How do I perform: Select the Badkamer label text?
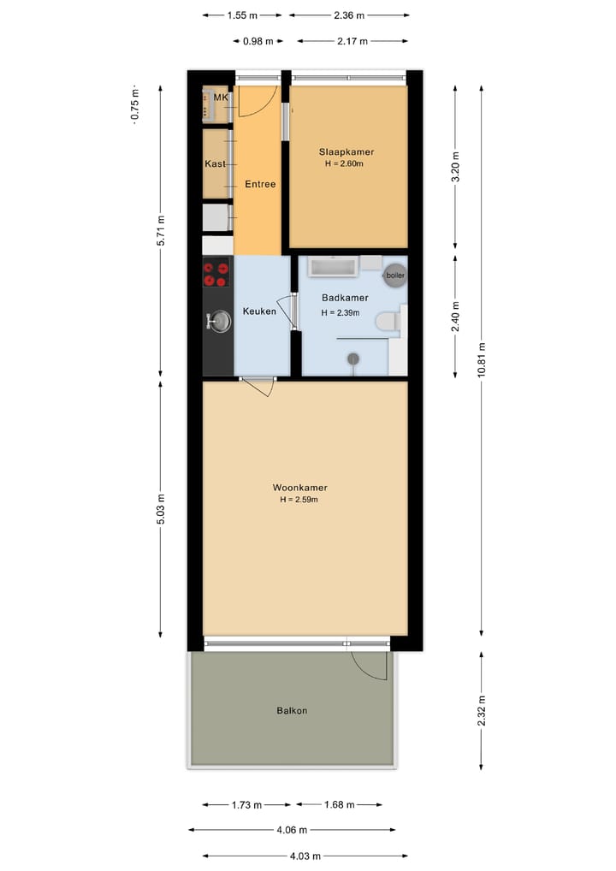(x=345, y=298)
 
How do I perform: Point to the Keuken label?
(x=259, y=311)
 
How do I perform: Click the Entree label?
(x=260, y=184)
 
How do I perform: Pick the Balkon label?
(x=292, y=710)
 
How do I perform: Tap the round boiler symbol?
(x=394, y=275)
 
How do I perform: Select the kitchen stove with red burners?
(x=216, y=273)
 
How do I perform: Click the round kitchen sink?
(x=219, y=321)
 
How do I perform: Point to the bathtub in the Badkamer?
(x=333, y=267)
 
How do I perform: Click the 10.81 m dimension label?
(x=482, y=359)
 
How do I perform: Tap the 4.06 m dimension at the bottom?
(x=292, y=829)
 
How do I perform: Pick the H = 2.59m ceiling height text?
(x=299, y=500)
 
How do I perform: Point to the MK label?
(x=221, y=98)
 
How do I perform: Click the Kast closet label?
(x=215, y=163)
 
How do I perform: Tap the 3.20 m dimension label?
(x=455, y=166)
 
